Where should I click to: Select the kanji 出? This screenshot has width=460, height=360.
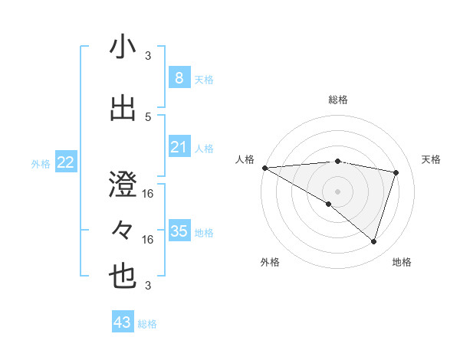coord(123,109)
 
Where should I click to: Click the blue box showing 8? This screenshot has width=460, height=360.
coord(179,77)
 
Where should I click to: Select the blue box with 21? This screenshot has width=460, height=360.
coord(179,146)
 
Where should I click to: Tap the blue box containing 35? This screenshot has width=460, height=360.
coord(179,231)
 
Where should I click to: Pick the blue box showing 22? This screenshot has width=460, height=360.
coord(66,162)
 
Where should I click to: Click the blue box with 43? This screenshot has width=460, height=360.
coord(123,322)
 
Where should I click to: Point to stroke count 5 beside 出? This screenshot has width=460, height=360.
coord(148,116)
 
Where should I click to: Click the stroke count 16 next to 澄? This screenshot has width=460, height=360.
coord(148,194)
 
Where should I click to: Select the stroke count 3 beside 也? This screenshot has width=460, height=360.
coord(148,286)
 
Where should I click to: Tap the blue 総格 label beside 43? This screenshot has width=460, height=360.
coord(148,324)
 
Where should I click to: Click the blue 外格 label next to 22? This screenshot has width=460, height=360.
coord(41,163)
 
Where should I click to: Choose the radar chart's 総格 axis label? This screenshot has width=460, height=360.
coord(337,100)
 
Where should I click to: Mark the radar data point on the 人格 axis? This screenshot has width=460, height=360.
coord(264,167)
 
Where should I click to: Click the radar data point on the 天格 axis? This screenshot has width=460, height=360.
coord(396,172)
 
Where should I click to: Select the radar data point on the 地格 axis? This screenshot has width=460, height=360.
coord(373,241)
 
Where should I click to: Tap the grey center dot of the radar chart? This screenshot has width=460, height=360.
coord(337,191)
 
